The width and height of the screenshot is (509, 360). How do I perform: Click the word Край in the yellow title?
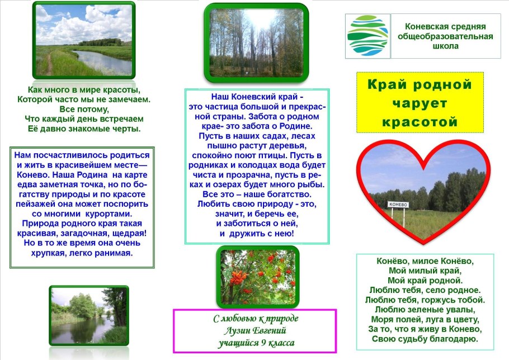pos(389,85)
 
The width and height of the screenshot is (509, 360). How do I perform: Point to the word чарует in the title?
pos(420,104)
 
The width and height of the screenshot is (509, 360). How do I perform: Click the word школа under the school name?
pos(445,46)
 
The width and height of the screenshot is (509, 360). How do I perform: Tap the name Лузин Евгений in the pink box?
pos(256,331)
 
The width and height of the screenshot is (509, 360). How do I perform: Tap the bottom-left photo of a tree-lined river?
pos(88,315)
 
